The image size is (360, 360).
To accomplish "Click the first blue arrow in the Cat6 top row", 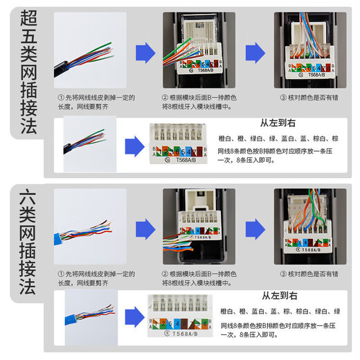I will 143,229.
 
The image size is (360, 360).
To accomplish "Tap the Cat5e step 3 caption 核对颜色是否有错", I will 308,99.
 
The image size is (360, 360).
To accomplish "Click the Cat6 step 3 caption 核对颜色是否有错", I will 308,275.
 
